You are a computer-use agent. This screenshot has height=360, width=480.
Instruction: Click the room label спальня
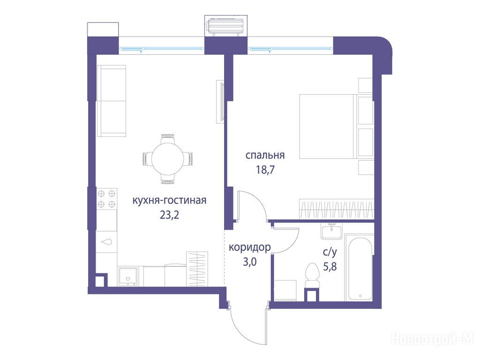(x=265, y=156)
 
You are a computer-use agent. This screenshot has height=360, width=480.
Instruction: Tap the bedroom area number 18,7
(x=265, y=169)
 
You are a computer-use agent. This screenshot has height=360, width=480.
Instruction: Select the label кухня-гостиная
(x=169, y=201)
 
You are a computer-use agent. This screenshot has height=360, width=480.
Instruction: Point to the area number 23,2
(x=169, y=215)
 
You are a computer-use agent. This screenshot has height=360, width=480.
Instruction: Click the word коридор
(x=250, y=247)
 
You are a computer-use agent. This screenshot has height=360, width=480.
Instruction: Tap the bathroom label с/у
(x=330, y=252)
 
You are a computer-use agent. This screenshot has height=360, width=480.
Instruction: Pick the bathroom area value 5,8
(x=330, y=267)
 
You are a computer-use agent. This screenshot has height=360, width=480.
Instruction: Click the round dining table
(x=168, y=158)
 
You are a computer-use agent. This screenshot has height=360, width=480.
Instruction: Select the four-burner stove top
(x=106, y=199)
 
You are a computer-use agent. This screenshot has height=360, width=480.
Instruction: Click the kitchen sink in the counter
(x=128, y=276)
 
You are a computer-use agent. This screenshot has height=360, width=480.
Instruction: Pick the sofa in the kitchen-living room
(x=112, y=101)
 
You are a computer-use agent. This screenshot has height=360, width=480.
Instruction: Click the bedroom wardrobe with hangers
(x=337, y=209)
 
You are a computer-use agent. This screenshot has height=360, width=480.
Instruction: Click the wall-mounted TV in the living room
(x=221, y=102)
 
